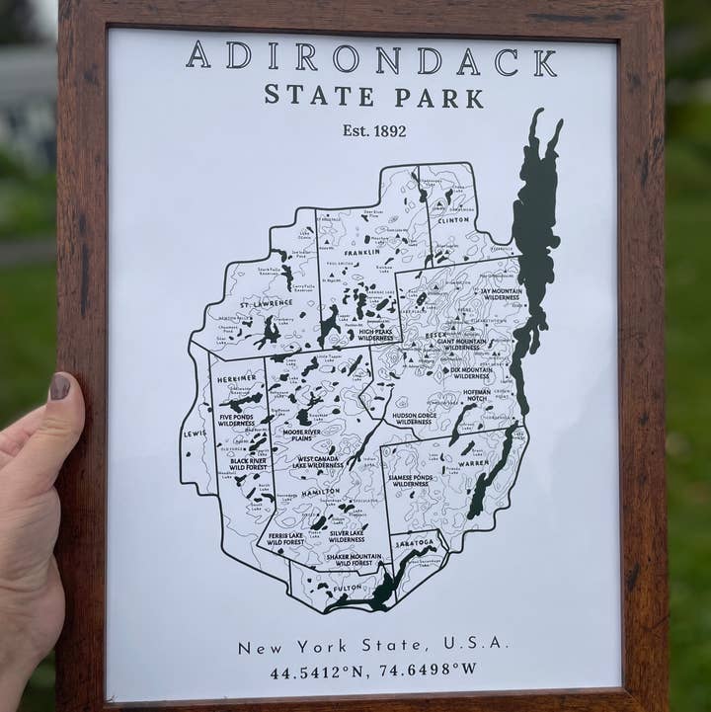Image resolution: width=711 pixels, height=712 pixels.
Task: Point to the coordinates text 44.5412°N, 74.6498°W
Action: click(373, 670)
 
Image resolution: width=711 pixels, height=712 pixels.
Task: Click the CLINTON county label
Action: click(453, 220)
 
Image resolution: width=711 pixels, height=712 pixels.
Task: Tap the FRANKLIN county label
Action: click(361, 252)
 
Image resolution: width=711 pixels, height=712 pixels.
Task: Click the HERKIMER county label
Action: click(237, 378)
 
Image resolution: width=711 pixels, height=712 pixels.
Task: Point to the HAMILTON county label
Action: click(320, 491)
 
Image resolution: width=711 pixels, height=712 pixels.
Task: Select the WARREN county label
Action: click(473, 462)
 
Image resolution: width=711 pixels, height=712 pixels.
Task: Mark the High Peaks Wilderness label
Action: click(375, 335)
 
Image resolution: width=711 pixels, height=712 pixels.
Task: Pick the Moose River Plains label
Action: click(301, 435)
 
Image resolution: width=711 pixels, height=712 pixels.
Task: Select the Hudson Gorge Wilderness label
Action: click(414, 419)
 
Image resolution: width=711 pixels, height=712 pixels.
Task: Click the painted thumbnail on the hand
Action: click(60, 386)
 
